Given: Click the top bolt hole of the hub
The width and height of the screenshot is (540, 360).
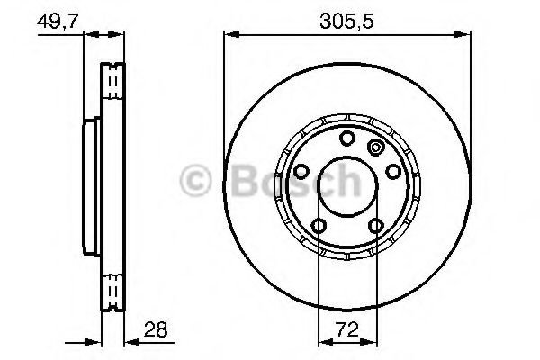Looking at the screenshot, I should (347, 138).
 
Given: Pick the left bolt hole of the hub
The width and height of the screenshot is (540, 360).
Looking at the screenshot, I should (303, 171).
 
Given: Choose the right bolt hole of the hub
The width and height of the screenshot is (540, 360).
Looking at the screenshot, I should (392, 171).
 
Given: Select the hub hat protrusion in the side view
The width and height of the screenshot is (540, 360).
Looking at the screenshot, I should (91, 185).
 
